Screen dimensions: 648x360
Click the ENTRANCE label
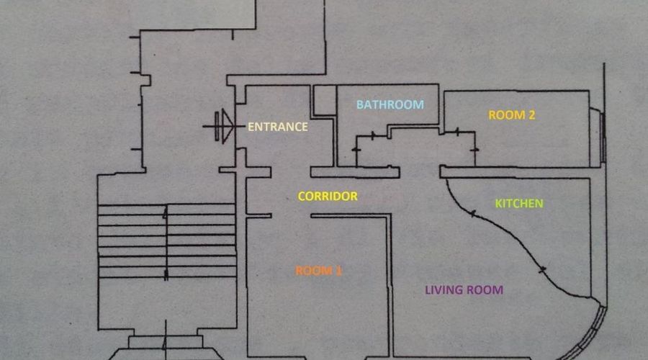click(278, 127)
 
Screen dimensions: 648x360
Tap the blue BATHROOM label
click(390, 104)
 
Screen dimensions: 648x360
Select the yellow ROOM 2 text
click(512, 115)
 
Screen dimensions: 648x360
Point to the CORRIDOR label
click(328, 196)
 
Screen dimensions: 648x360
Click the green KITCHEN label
click(519, 203)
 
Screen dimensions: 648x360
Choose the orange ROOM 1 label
click(318, 271)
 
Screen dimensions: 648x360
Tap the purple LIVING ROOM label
click(464, 289)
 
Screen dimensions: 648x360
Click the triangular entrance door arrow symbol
click(228, 126)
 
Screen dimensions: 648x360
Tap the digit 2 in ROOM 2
click(531, 115)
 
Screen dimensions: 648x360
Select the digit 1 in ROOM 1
click(339, 271)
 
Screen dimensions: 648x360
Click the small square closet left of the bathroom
click(324, 100)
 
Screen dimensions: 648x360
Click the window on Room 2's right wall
click(603, 138)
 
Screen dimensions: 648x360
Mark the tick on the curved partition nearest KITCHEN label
click(472, 214)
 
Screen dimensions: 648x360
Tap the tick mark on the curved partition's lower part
click(542, 270)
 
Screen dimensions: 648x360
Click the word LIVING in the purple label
click(444, 289)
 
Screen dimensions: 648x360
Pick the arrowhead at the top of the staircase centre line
click(166, 213)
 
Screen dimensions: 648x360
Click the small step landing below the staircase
click(166, 341)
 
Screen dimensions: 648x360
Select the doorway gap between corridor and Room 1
click(291, 215)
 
